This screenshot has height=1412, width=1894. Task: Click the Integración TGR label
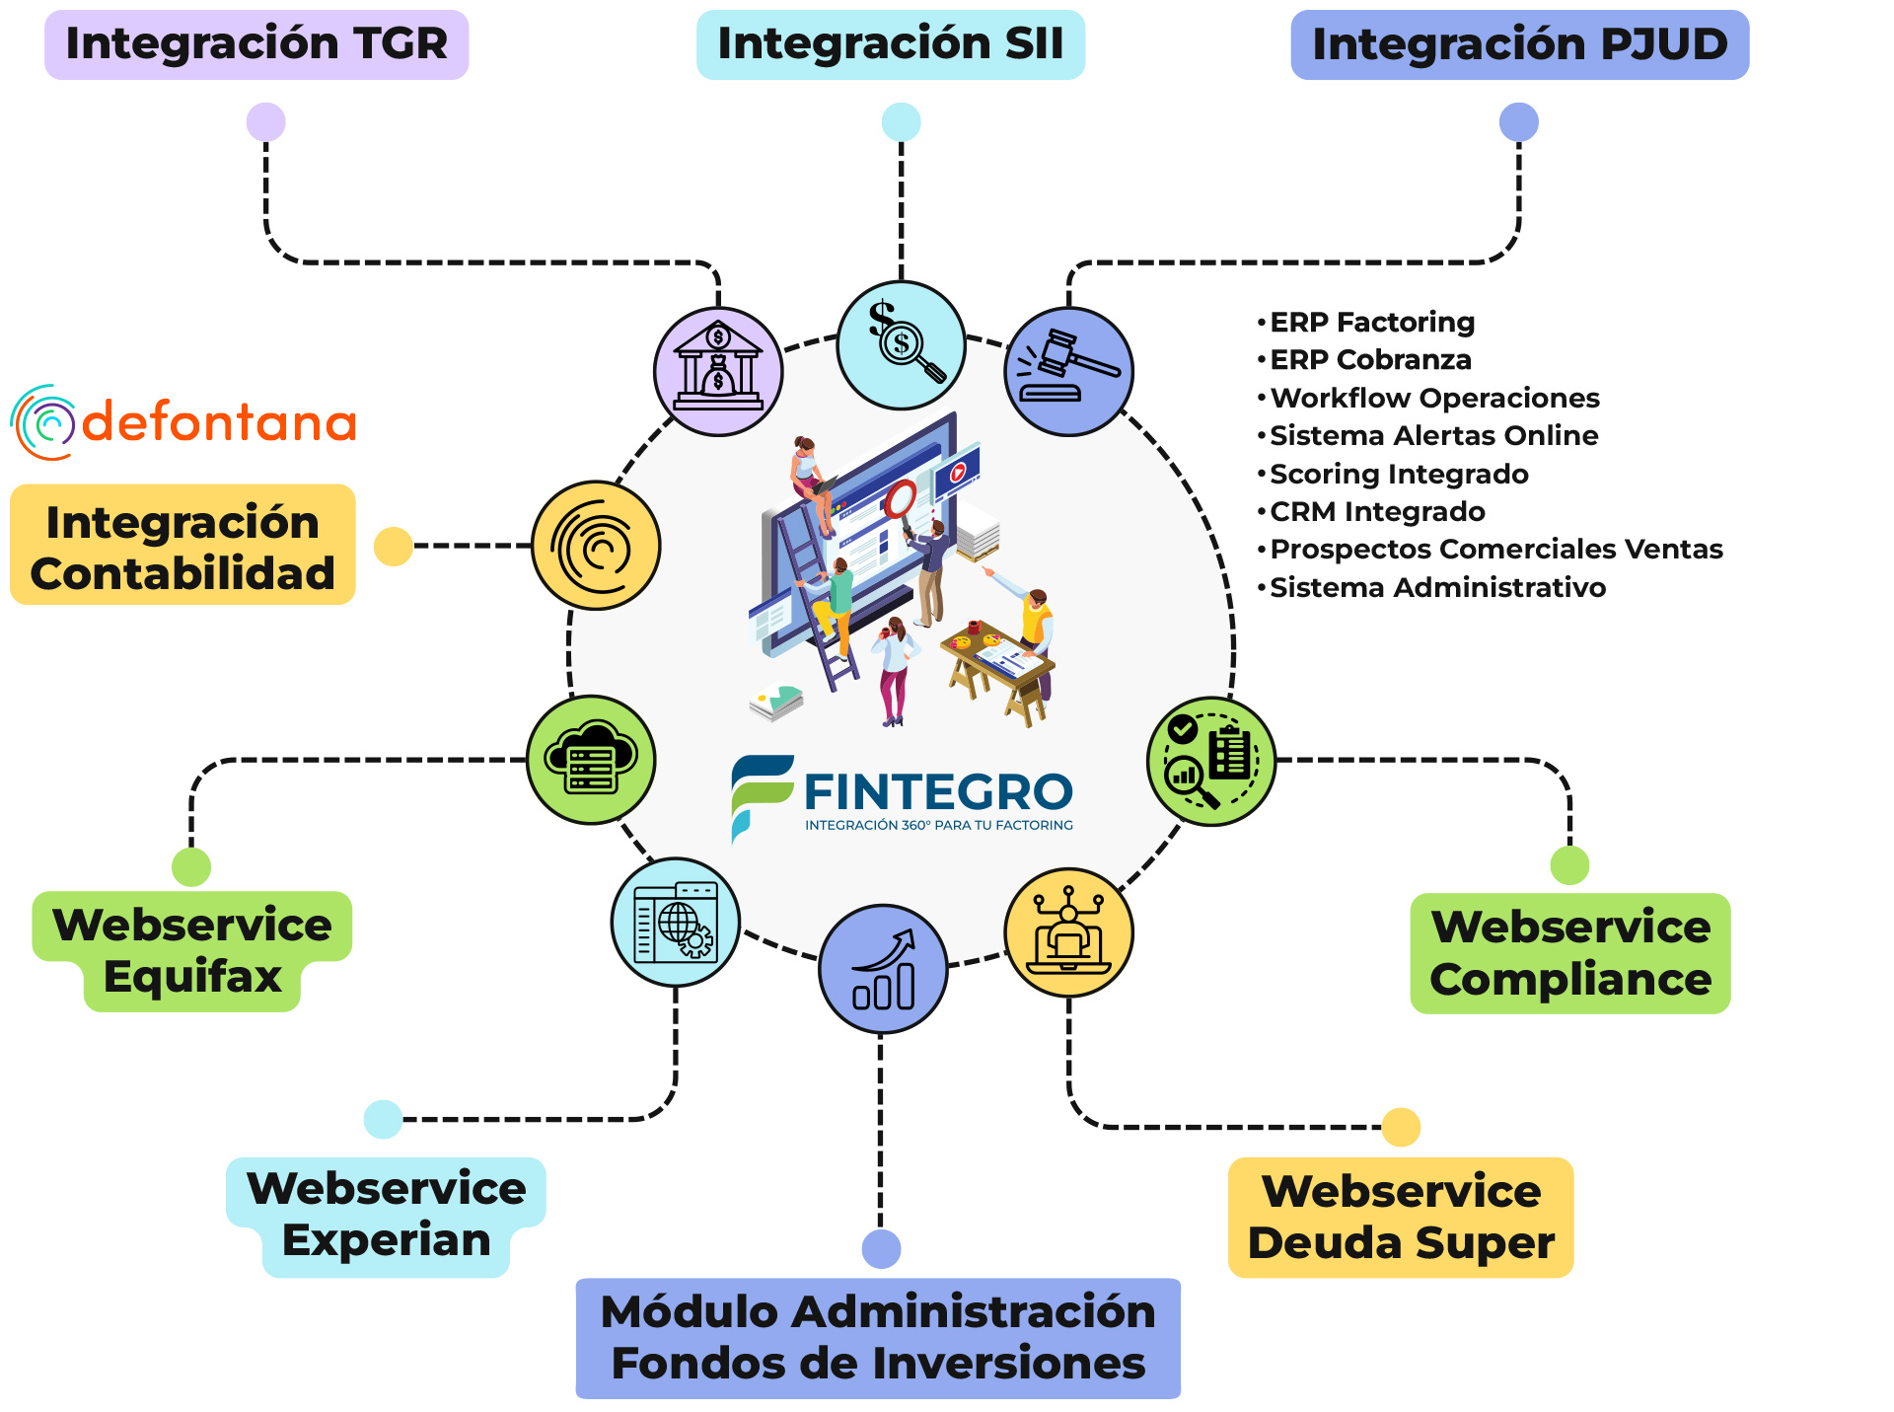tap(256, 44)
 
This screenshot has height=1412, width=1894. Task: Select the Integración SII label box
tap(891, 44)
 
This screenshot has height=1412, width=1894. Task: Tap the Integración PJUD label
tap(1520, 44)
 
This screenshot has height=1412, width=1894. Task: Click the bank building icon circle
tap(718, 371)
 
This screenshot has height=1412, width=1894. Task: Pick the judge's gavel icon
tap(1068, 371)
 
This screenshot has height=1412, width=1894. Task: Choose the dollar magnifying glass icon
tap(901, 344)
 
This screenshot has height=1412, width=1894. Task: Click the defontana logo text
tap(219, 422)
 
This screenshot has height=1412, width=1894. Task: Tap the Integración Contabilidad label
tap(182, 545)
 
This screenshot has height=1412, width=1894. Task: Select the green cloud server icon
tap(591, 760)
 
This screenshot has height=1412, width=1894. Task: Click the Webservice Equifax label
tap(192, 951)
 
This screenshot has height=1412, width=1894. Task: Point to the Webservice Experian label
tap(386, 1217)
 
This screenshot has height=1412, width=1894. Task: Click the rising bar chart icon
tap(883, 969)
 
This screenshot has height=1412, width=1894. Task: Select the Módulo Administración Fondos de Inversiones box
tap(878, 1338)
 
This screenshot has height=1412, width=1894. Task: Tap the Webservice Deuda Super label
tap(1401, 1217)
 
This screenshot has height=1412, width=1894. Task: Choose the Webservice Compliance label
tap(1570, 953)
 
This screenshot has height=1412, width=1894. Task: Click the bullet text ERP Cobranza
tap(1370, 360)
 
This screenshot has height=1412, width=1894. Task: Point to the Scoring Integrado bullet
tap(1399, 475)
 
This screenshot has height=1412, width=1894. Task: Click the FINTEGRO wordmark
tap(938, 791)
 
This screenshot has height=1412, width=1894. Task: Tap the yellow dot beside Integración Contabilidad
tap(394, 546)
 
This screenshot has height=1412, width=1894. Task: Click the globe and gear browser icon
tap(676, 922)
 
